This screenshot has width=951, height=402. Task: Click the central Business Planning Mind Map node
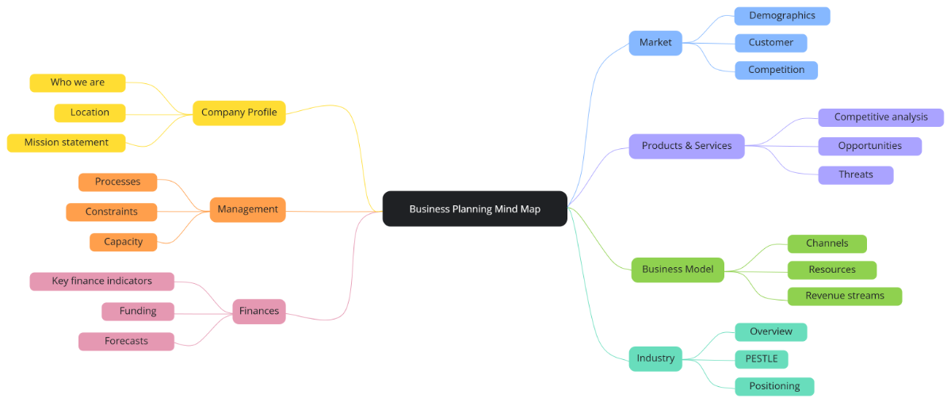click(475, 209)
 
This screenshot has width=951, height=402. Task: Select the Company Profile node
click(239, 113)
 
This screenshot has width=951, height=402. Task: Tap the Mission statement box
click(67, 143)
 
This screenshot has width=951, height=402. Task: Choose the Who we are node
click(78, 82)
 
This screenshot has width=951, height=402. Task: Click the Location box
click(90, 113)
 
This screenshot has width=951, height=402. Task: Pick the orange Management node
click(247, 209)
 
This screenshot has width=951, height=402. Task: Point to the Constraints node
click(111, 212)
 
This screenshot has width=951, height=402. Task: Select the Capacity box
click(123, 242)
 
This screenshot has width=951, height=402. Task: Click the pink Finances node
click(259, 311)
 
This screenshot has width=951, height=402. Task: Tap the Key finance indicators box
click(101, 281)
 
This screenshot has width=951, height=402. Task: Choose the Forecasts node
click(126, 341)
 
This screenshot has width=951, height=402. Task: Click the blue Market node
click(655, 43)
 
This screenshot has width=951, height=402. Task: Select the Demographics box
click(781, 16)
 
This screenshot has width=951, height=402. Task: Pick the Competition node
click(776, 70)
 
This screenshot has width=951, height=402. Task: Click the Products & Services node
click(686, 146)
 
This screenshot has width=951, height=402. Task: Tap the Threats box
click(855, 174)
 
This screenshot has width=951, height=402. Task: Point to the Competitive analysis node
click(880, 117)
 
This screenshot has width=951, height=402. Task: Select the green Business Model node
click(678, 269)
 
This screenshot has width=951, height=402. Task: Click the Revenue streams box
click(844, 296)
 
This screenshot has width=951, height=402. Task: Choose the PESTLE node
click(761, 358)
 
